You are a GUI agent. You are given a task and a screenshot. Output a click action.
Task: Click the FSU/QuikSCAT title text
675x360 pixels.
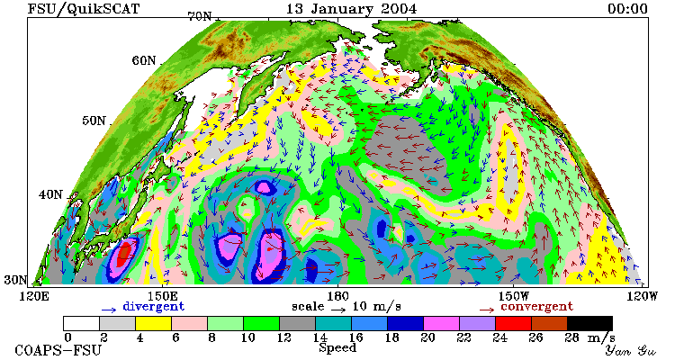pos(84,9)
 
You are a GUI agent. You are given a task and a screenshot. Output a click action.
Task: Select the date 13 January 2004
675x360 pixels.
pos(351,9)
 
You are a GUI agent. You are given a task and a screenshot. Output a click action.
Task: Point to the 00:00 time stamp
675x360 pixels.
pos(627,9)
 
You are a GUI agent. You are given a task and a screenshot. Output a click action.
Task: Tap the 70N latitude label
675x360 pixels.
pos(200,16)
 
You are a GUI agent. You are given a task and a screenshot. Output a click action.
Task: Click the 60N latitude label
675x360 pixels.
pos(144,60)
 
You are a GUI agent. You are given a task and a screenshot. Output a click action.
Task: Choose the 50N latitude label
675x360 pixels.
pos(94,120)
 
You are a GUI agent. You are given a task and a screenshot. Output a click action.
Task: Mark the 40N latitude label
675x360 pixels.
pos(50,194)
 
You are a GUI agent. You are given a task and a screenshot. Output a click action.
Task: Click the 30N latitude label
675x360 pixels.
pos(16,280)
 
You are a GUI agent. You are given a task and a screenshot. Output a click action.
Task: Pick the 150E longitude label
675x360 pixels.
pos(162,296)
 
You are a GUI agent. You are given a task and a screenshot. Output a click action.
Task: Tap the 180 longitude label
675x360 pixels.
pos(337,296)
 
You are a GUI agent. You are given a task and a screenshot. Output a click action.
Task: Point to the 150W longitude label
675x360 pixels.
pos(513,296)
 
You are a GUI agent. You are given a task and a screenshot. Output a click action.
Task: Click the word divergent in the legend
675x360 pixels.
pos(154,307)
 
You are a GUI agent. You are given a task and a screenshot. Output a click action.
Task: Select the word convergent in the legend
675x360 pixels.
pos(536,307)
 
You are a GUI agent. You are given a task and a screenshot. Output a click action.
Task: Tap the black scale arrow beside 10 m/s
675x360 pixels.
pos(338,310)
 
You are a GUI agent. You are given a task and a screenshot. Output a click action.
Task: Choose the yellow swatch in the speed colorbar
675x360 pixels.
pos(153,323)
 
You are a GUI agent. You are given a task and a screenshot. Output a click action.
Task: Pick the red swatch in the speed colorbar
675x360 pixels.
pos(513,323)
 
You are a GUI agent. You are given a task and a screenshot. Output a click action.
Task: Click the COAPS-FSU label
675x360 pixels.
pos(58,350)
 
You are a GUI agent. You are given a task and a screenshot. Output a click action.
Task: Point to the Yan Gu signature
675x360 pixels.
pos(631,350)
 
